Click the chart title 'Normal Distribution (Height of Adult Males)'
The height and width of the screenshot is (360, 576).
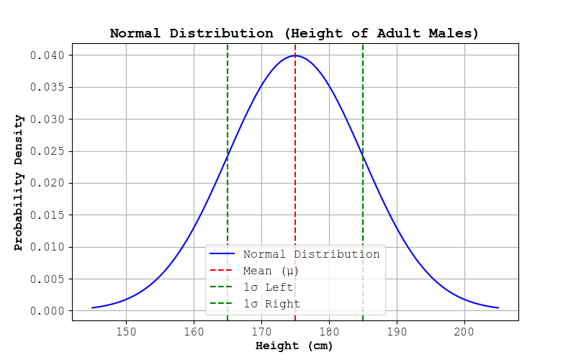pyautogui.click(x=294, y=33)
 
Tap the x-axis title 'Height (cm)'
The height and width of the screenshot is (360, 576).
pyautogui.click(x=294, y=346)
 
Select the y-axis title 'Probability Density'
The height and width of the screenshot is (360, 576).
pyautogui.click(x=19, y=182)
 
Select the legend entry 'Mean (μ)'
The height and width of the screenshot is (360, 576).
pyautogui.click(x=271, y=271)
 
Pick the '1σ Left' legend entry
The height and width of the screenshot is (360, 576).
pyautogui.click(x=269, y=287)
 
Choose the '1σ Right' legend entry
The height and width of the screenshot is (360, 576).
pyautogui.click(x=271, y=304)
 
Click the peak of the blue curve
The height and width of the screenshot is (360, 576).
pyautogui.click(x=295, y=55)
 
